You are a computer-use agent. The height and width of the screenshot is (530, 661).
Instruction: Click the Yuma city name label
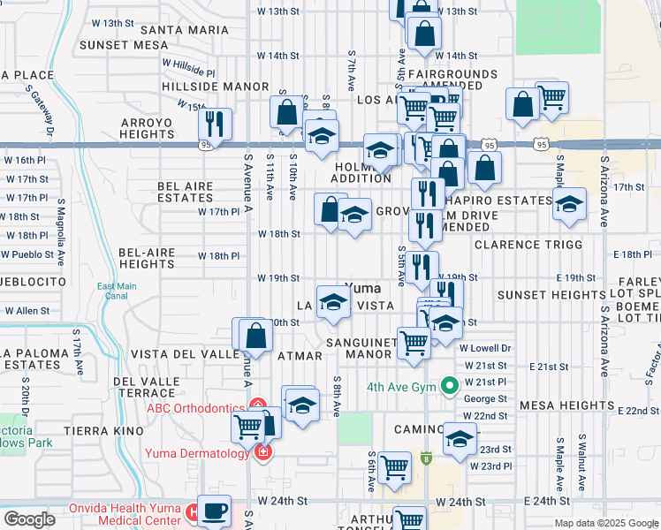[362, 288]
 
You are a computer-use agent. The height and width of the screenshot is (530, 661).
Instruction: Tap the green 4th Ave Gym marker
[449, 385]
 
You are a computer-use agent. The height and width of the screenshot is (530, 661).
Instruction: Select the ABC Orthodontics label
[195, 407]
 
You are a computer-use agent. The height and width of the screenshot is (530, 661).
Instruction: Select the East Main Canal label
[118, 291]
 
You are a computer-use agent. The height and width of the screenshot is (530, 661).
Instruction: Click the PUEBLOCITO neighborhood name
[33, 280]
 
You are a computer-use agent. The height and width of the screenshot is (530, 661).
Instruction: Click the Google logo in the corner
[29, 519]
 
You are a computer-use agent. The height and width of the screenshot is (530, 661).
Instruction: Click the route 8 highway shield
[426, 458]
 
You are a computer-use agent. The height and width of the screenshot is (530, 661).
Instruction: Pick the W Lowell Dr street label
[485, 348]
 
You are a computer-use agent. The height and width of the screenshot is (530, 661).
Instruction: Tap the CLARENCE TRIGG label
[528, 244]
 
